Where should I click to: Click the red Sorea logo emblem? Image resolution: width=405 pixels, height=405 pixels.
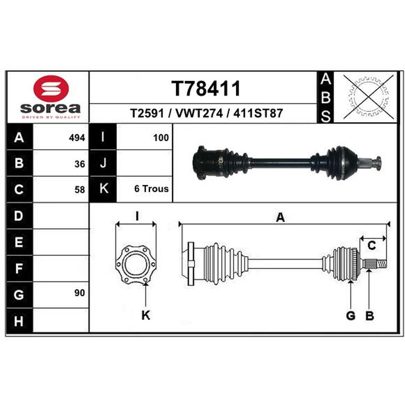[51, 89]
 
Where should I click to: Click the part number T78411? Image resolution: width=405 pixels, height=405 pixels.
[206, 88]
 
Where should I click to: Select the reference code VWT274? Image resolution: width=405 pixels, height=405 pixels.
[198, 113]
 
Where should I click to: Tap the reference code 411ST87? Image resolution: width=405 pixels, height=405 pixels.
[258, 113]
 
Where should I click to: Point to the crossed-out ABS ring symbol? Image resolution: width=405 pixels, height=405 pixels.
[369, 97]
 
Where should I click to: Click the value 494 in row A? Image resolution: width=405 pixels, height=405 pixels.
[77, 138]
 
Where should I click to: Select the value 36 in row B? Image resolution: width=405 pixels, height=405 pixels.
[79, 164]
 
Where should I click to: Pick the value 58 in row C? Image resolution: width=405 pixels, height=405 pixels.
[79, 190]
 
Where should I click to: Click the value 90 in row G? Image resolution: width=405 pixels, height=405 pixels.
[79, 293]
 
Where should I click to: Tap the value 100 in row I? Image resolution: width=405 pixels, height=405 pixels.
[161, 138]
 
